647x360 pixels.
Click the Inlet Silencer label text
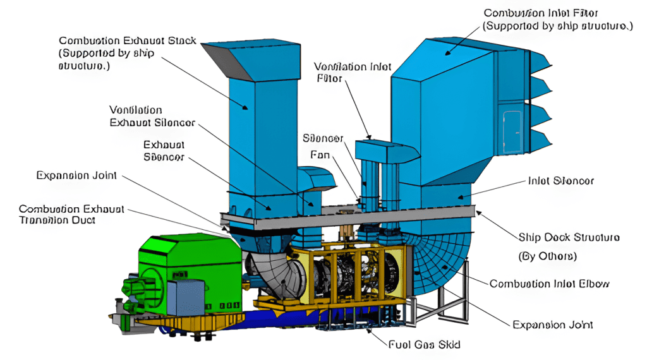pos(560,181)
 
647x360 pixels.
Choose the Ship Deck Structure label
pos(569,237)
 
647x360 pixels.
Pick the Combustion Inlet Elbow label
pos(550,284)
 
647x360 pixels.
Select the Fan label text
pos(320,154)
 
